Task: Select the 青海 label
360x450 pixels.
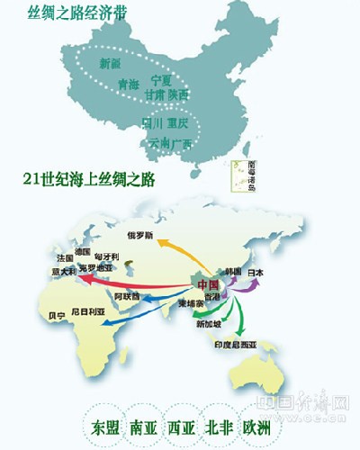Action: coord(130,85)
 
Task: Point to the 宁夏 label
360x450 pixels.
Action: coord(161,79)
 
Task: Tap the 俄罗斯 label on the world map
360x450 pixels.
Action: coord(143,236)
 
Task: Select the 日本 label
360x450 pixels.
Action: coord(256,271)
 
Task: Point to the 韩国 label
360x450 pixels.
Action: coord(233,271)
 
